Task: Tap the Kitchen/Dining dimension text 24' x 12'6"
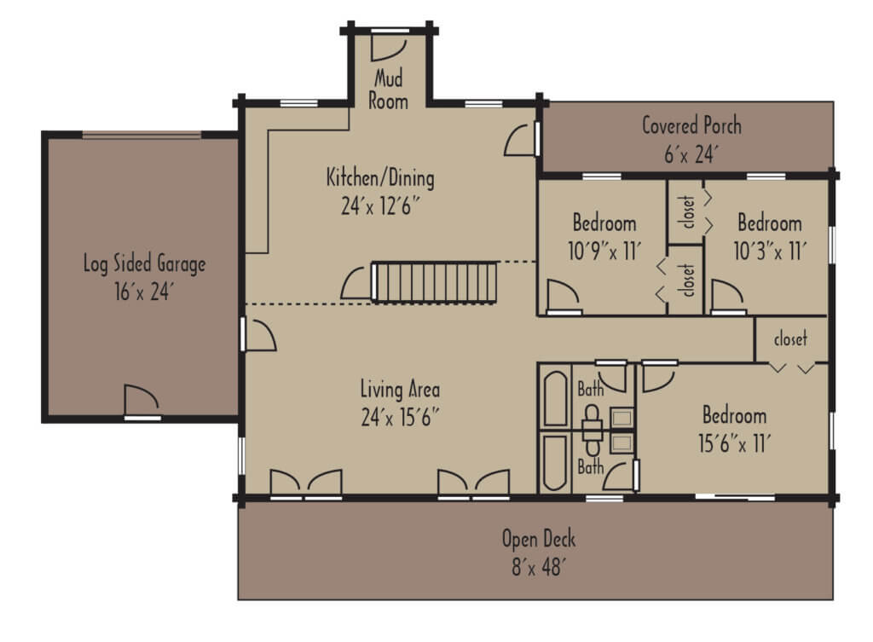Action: [x=380, y=205]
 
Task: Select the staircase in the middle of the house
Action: [x=435, y=282]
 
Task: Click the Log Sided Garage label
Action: [x=144, y=263]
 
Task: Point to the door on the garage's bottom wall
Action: [x=142, y=402]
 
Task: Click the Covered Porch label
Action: [x=691, y=126]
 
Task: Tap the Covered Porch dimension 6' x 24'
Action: [x=691, y=154]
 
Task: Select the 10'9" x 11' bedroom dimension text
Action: [x=604, y=251]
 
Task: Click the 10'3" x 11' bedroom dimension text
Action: [x=769, y=251]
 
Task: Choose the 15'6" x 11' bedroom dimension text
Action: [x=734, y=443]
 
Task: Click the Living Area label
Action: [x=400, y=390]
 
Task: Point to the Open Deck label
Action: [x=538, y=539]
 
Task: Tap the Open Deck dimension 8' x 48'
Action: [x=538, y=567]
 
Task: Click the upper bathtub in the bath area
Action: [x=556, y=398]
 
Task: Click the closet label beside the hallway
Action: [x=789, y=338]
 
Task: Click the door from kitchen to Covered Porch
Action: [x=522, y=139]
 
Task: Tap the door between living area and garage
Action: [x=258, y=334]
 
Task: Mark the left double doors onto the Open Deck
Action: [x=305, y=483]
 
